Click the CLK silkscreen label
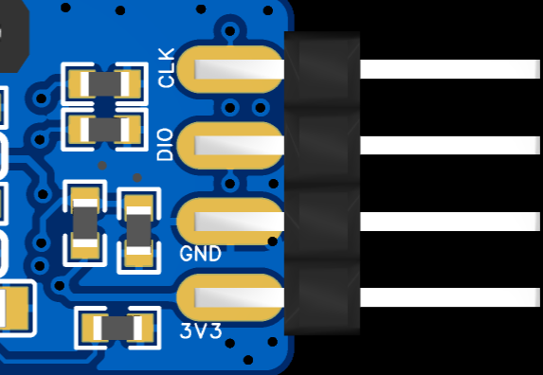click(x=166, y=68)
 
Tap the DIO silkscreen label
click(x=165, y=145)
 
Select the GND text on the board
click(x=201, y=254)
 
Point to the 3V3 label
click(x=201, y=331)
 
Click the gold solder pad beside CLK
click(x=230, y=69)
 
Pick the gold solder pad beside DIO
click(x=230, y=145)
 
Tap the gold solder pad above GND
click(x=230, y=222)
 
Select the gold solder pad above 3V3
click(x=230, y=297)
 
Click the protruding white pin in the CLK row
click(x=450, y=69)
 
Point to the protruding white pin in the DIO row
click(x=450, y=145)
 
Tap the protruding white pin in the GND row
click(x=450, y=222)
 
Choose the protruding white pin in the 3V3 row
click(x=450, y=297)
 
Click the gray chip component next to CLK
click(x=105, y=83)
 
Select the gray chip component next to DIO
click(x=105, y=130)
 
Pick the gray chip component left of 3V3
click(x=118, y=328)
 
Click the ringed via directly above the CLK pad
click(x=230, y=31)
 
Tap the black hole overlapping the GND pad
click(x=273, y=241)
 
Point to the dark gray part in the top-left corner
click(x=12, y=36)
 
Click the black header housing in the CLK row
click(x=322, y=69)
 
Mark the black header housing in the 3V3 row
click(x=322, y=297)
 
